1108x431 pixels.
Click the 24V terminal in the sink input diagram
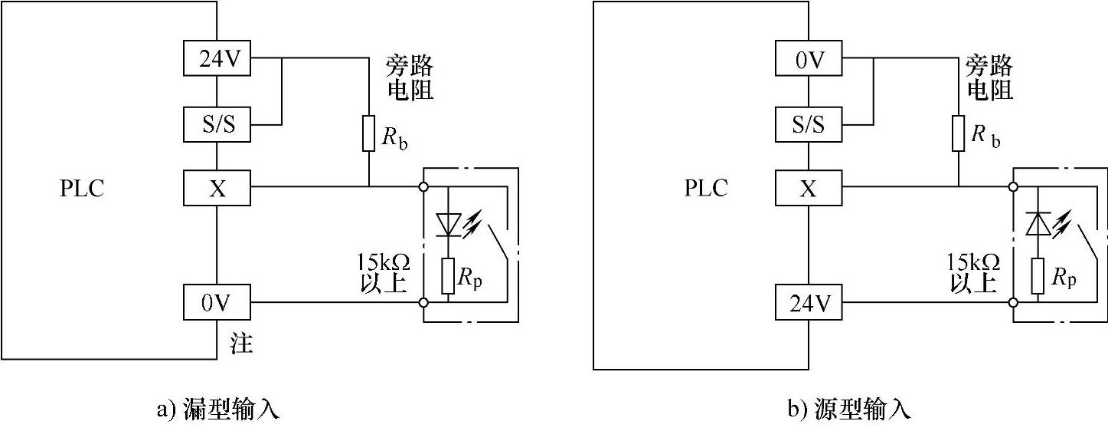217,59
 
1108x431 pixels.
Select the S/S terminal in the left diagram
217,123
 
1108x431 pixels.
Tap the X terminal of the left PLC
217,187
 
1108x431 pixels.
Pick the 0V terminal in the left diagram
217,302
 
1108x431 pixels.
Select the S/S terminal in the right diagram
809,123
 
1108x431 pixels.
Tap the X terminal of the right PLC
809,187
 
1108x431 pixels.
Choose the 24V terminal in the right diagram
809,302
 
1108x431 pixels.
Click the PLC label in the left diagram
82,189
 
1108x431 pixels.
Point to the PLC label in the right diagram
706,189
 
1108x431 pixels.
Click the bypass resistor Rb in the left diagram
368,133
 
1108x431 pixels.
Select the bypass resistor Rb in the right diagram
959,133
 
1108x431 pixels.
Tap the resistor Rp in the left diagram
449,276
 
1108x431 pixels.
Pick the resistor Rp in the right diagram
1038,276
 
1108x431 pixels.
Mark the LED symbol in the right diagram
1038,224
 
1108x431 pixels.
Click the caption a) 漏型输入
218,410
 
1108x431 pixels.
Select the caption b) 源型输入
850,410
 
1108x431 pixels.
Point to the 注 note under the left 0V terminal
241,344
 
